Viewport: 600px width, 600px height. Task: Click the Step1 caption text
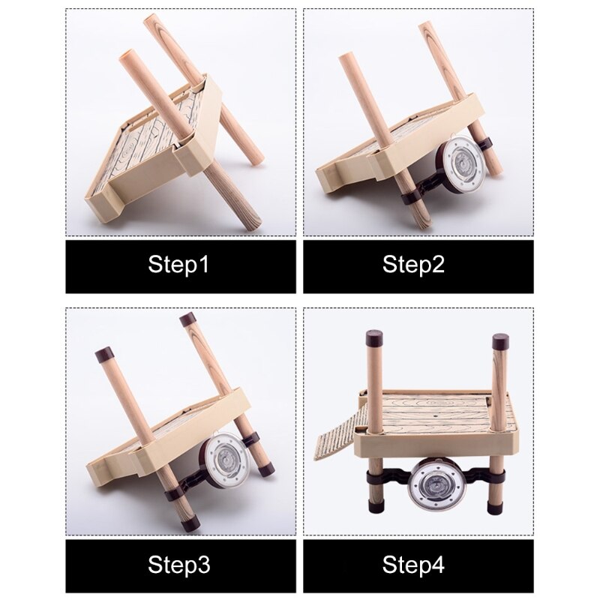[x=178, y=265]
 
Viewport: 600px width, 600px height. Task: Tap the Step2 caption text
[x=414, y=265]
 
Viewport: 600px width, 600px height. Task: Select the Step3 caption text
[x=179, y=564]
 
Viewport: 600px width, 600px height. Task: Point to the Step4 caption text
[x=414, y=564]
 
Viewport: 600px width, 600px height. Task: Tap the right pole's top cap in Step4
[x=500, y=341]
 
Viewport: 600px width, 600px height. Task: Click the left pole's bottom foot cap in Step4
[x=376, y=503]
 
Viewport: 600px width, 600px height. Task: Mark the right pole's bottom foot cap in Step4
[x=497, y=504]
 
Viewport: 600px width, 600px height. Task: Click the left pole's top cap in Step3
[x=104, y=355]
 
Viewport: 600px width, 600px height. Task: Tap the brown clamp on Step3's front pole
[x=175, y=494]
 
